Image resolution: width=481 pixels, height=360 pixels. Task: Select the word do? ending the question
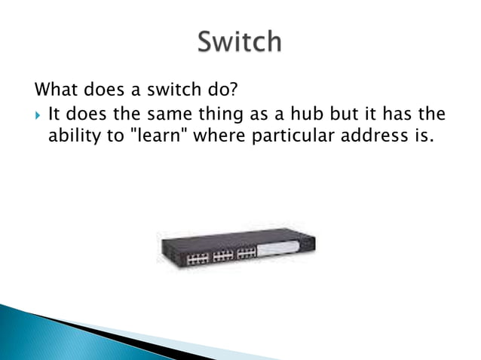pos(221,91)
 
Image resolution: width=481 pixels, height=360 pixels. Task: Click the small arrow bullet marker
pos(38,115)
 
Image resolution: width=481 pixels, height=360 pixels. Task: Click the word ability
pos(76,138)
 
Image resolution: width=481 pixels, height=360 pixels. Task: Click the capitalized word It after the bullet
pos(54,114)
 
